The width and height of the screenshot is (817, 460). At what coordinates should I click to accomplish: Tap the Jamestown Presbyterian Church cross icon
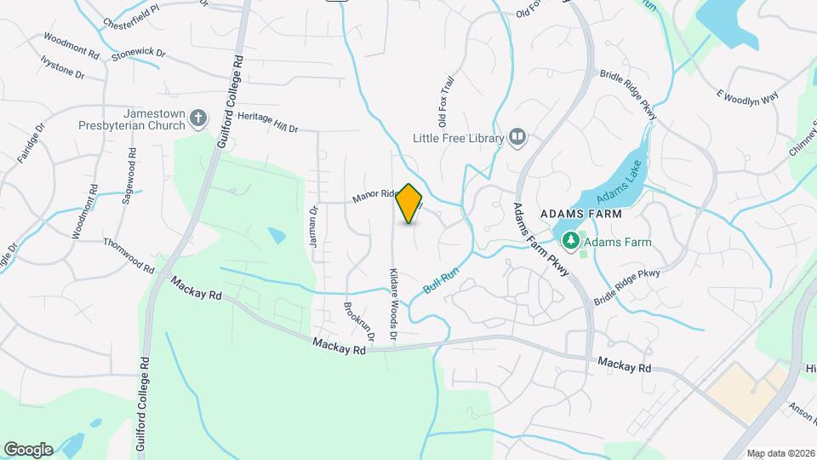pyautogui.click(x=198, y=118)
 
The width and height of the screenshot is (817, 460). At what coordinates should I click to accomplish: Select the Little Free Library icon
pyautogui.click(x=517, y=137)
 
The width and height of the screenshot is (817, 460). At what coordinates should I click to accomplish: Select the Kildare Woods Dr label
pyautogui.click(x=394, y=306)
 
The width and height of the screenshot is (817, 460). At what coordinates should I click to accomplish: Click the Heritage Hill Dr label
pyautogui.click(x=268, y=122)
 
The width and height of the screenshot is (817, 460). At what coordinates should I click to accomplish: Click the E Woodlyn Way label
pyautogui.click(x=747, y=96)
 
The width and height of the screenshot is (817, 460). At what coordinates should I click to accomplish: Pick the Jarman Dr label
pyautogui.click(x=313, y=227)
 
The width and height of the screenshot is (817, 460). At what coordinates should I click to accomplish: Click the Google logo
pyautogui.click(x=28, y=449)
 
